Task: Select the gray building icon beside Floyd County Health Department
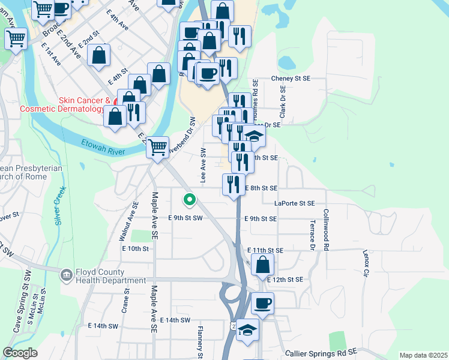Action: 66,275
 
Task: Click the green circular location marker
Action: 189,198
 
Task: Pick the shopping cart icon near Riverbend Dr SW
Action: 158,146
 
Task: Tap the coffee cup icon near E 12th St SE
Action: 262,303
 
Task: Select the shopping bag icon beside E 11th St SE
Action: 263,263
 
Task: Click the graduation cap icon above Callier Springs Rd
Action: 247,329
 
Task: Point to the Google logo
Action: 20,353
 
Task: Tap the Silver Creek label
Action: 59,206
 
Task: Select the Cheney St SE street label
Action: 291,79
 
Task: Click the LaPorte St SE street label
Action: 294,203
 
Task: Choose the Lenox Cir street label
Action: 366,264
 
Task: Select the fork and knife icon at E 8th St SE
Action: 234,185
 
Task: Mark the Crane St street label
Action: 126,301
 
